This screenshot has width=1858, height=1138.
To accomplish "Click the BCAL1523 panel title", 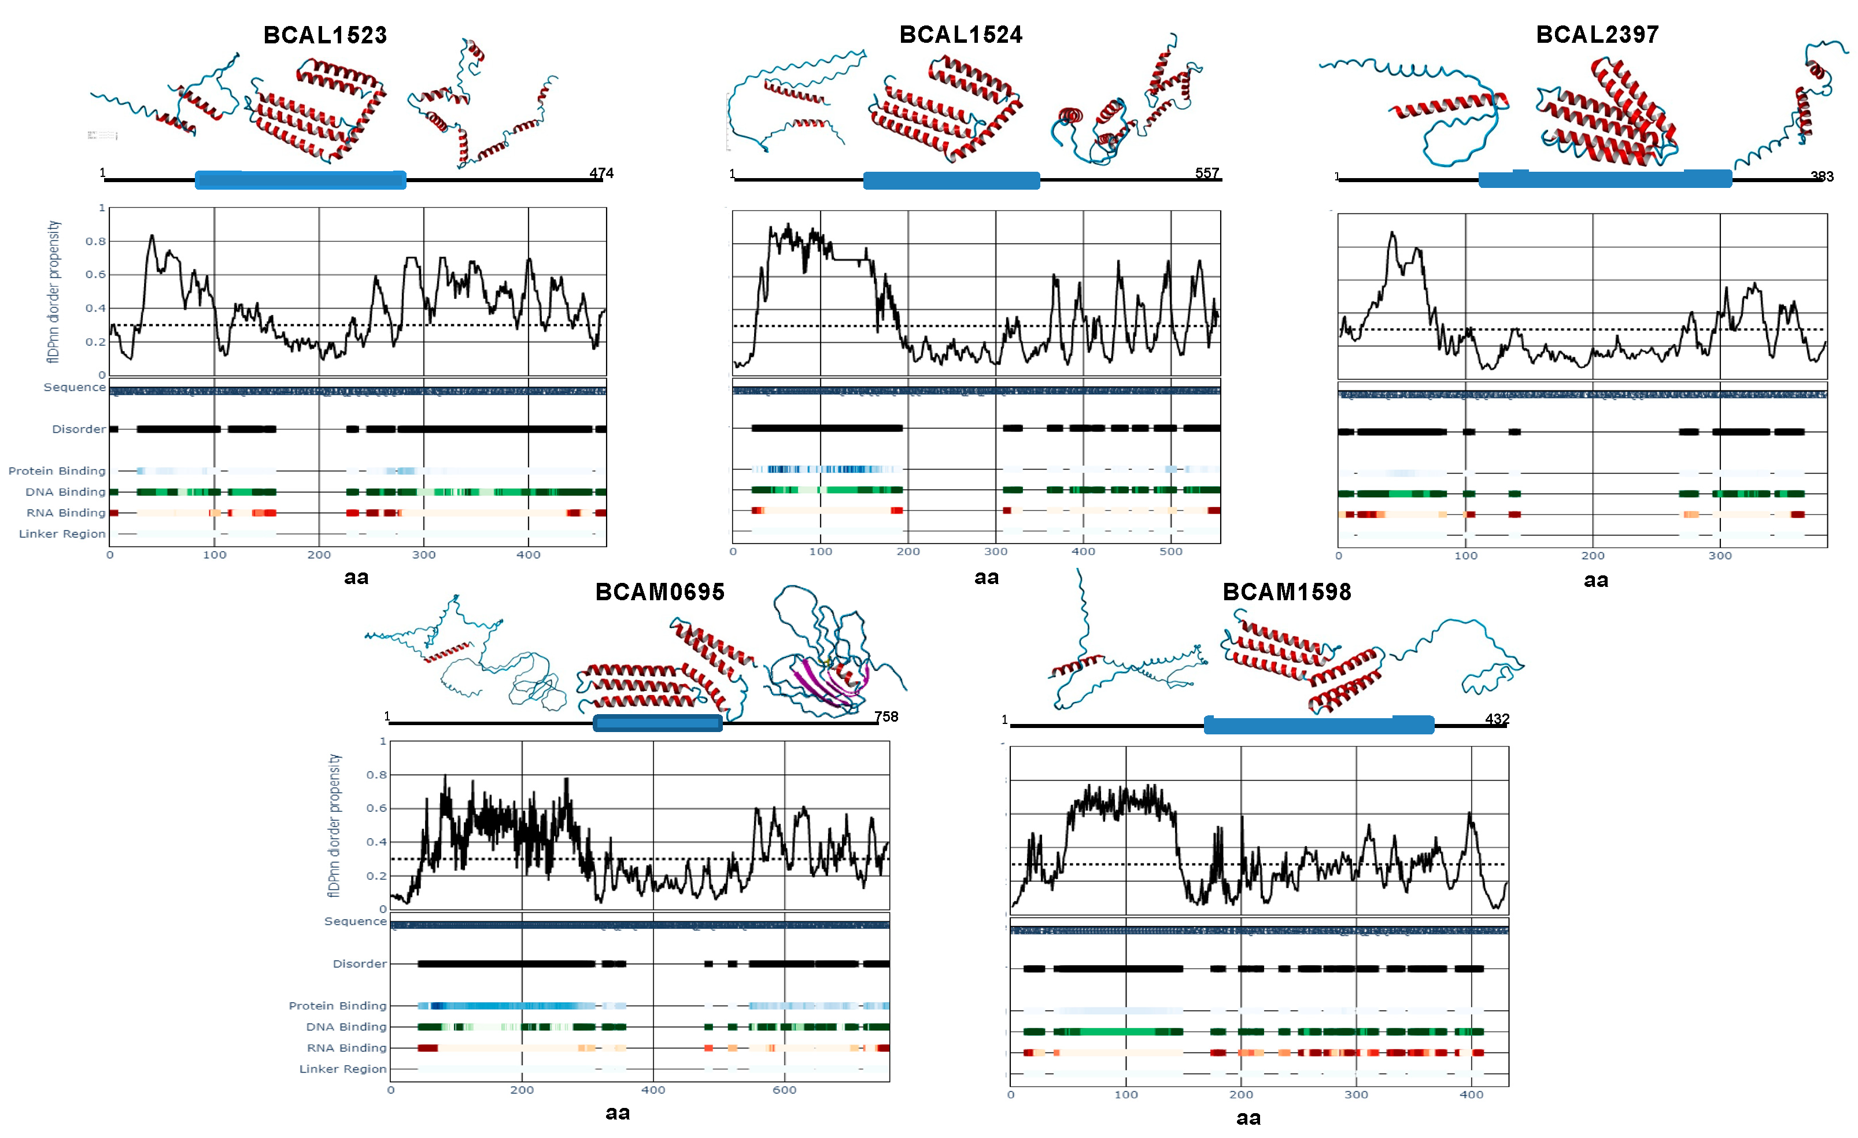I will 325,35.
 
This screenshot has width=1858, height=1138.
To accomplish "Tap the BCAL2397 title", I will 1597,35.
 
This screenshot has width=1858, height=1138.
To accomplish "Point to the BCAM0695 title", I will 660,592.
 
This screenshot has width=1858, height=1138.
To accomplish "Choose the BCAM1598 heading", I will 1287,592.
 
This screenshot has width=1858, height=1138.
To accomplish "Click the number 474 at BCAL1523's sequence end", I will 601,173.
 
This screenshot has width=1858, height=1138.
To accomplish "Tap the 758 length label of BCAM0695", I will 886,716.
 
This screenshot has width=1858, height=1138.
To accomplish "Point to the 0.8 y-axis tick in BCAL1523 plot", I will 96,241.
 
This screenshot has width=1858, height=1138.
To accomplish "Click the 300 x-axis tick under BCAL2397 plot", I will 1720,556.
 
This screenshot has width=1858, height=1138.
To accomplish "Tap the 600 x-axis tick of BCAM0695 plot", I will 784,1090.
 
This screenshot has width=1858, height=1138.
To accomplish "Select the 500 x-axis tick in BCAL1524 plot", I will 1170,551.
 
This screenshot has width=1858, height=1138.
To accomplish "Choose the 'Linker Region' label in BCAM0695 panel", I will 342,1069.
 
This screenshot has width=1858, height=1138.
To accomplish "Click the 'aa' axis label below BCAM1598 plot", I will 1248,1118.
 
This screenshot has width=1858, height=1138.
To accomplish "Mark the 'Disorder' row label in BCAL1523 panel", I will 79,429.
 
